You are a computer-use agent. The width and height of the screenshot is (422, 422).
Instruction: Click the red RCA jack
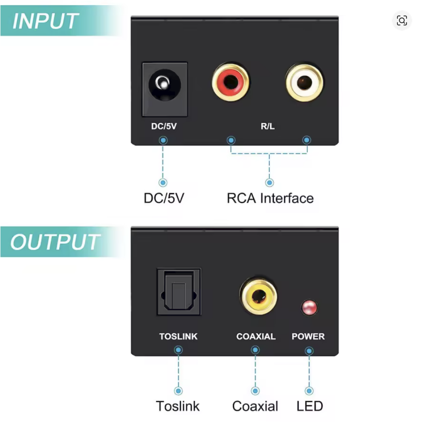[x=231, y=82]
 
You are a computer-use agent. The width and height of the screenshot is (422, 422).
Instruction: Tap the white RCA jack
[x=304, y=82]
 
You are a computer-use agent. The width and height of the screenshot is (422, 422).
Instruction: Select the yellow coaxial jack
[x=259, y=296]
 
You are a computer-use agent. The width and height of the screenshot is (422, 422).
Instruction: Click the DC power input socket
[x=165, y=90]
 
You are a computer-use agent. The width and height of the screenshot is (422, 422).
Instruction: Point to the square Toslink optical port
[x=179, y=292]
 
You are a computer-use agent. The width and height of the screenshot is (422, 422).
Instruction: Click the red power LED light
[x=309, y=307]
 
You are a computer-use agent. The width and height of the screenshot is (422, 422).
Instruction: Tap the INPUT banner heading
[x=45, y=21]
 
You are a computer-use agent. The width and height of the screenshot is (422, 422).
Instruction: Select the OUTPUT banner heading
[x=55, y=242]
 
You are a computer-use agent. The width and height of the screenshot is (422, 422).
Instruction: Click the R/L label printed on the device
[x=268, y=126]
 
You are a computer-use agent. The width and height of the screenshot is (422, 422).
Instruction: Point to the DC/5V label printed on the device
[x=164, y=126]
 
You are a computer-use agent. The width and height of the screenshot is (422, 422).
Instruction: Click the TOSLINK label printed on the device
[x=179, y=336]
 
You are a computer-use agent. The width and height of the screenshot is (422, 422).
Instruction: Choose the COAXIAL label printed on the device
[x=256, y=336]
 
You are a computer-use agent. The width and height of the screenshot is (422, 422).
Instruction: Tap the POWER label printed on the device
[x=308, y=336]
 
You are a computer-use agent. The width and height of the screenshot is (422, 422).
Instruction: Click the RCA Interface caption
[x=270, y=198]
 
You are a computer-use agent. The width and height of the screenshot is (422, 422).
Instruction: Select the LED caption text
[x=309, y=406]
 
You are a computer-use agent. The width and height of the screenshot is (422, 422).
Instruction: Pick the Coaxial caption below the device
[x=255, y=406]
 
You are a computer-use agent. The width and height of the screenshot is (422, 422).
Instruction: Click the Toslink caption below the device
[x=178, y=406]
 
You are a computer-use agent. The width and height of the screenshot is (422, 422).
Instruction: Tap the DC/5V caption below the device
[x=164, y=198]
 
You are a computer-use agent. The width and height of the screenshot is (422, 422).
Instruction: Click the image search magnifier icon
[x=402, y=20]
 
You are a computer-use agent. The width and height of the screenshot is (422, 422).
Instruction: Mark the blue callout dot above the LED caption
[x=309, y=391]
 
